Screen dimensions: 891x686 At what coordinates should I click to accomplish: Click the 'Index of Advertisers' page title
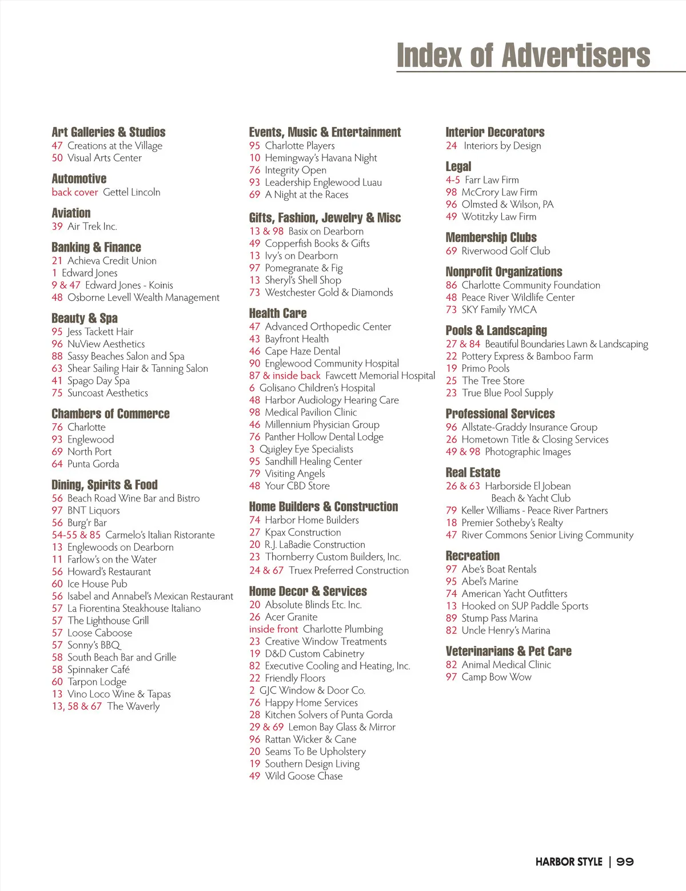523,55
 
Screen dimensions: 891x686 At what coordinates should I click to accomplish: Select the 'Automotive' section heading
79,178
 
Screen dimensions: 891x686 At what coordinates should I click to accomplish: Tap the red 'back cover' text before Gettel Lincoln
75,192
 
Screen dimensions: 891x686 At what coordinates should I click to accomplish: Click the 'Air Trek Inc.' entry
92,226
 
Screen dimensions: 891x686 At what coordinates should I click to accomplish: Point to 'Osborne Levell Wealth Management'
143,297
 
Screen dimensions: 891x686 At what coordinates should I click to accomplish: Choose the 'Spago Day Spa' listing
98,381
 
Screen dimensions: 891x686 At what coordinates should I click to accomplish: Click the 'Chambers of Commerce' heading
110,413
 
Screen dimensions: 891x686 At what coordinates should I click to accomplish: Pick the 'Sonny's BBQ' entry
94,645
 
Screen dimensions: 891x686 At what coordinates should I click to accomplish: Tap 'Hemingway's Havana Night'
321,158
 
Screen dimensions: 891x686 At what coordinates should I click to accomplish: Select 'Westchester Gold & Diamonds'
329,293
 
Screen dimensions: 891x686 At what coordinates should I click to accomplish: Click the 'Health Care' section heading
278,313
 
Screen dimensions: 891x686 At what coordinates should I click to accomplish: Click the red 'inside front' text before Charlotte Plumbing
273,629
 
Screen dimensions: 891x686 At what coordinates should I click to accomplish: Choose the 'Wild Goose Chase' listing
304,776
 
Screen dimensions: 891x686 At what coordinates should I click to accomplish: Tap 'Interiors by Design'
502,146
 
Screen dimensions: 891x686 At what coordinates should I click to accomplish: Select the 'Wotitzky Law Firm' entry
498,217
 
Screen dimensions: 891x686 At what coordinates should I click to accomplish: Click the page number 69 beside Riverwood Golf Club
451,251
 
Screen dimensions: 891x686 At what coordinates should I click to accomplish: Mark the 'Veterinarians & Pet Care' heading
508,651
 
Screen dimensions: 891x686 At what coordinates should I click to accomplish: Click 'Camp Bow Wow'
496,677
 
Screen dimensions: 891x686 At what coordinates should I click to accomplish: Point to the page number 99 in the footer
625,862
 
